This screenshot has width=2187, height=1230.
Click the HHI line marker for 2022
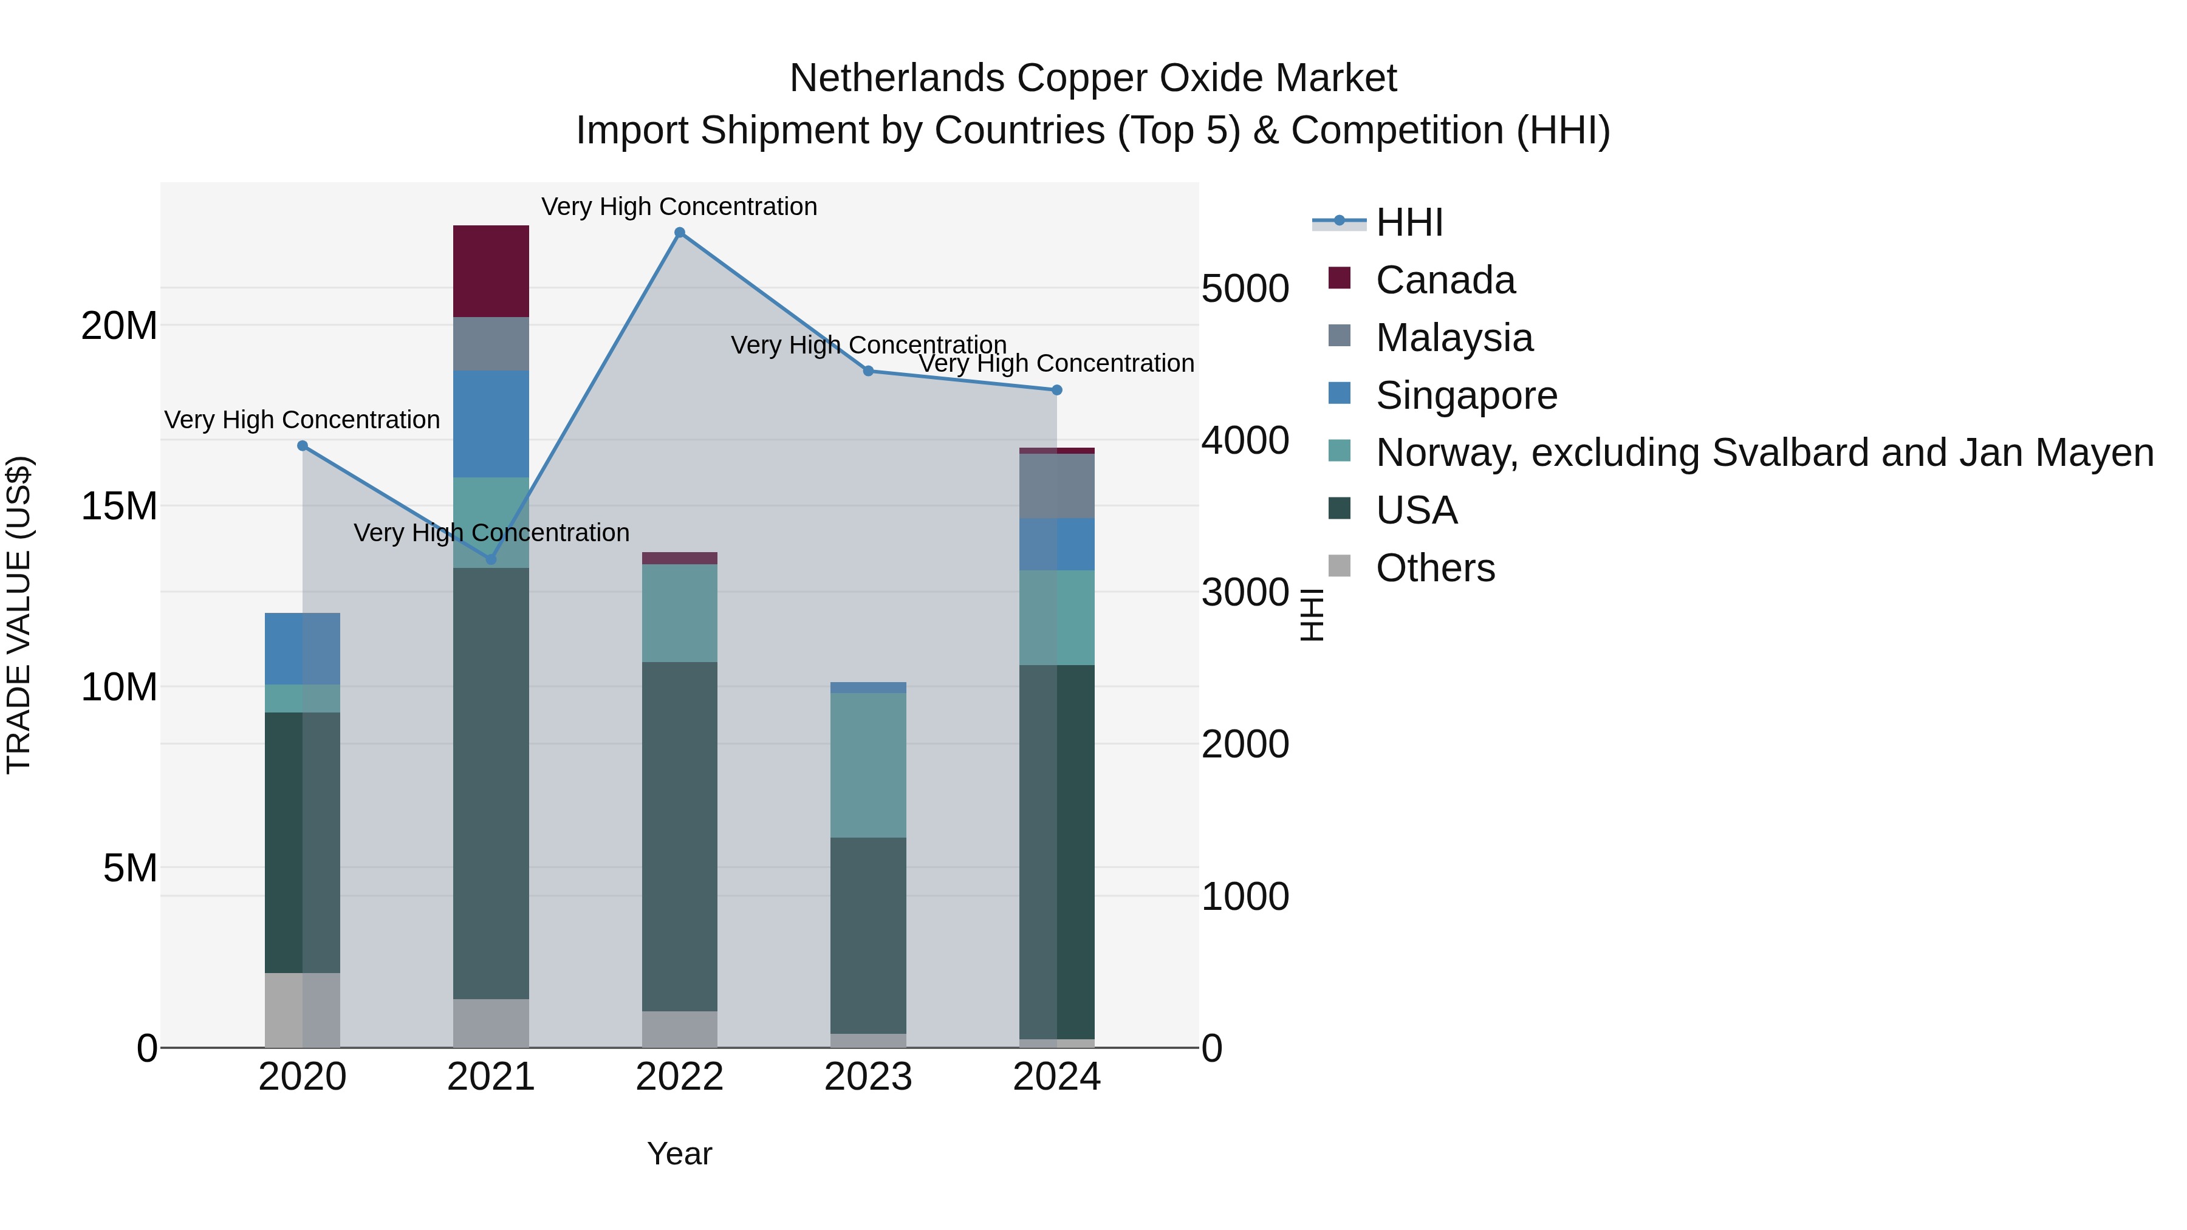pyautogui.click(x=679, y=233)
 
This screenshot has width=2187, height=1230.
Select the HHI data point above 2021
pyautogui.click(x=491, y=559)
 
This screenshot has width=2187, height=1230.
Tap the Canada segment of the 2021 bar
pyautogui.click(x=491, y=272)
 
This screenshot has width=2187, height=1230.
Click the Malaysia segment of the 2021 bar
pyautogui.click(x=491, y=344)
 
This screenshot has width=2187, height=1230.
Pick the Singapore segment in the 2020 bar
pyautogui.click(x=303, y=649)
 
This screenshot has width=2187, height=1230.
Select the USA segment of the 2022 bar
pyautogui.click(x=679, y=836)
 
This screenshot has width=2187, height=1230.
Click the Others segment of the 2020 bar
pyautogui.click(x=303, y=1010)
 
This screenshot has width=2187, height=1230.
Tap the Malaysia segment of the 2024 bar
pyautogui.click(x=1056, y=487)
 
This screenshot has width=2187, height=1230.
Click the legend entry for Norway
pyautogui.click(x=1764, y=453)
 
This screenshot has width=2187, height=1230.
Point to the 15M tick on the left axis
pyautogui.click(x=119, y=507)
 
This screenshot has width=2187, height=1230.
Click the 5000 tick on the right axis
pyautogui.click(x=1245, y=289)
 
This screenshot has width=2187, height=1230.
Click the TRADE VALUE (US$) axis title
pyautogui.click(x=19, y=615)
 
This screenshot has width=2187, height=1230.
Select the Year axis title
pyautogui.click(x=679, y=1153)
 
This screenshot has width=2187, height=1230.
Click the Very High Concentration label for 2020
pyautogui.click(x=303, y=420)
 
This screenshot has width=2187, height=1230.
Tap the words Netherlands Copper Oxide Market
pyautogui.click(x=1093, y=78)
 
